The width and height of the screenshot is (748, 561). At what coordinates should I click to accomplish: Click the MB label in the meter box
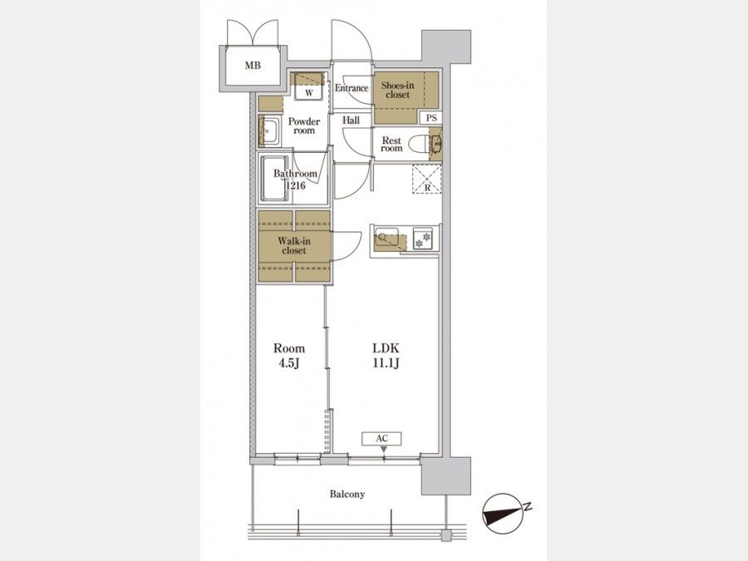(253, 66)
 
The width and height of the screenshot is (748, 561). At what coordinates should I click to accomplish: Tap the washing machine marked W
(308, 86)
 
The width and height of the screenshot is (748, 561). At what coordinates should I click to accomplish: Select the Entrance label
(352, 88)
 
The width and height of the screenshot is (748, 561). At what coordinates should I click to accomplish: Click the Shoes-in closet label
(397, 90)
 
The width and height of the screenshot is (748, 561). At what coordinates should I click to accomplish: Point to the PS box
(431, 118)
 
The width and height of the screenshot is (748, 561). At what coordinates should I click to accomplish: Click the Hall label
(351, 121)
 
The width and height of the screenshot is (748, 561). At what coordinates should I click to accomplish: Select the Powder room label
(304, 126)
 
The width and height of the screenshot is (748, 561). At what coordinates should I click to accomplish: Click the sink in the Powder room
(269, 130)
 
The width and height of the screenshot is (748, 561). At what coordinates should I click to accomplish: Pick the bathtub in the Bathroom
(274, 179)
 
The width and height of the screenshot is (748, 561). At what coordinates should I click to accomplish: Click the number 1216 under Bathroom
(296, 185)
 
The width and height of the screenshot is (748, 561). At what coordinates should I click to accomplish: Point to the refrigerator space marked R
(427, 180)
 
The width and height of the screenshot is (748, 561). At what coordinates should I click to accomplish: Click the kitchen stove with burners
(423, 238)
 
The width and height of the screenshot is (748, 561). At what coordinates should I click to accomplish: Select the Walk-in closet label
(294, 246)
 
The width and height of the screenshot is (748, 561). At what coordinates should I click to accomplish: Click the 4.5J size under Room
(289, 363)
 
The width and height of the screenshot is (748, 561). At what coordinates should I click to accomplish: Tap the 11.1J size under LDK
(386, 363)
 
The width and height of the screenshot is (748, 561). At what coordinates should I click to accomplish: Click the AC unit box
(381, 438)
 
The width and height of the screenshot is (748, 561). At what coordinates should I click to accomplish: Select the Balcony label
(347, 495)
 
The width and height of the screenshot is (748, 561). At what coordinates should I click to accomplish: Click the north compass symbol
(503, 513)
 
